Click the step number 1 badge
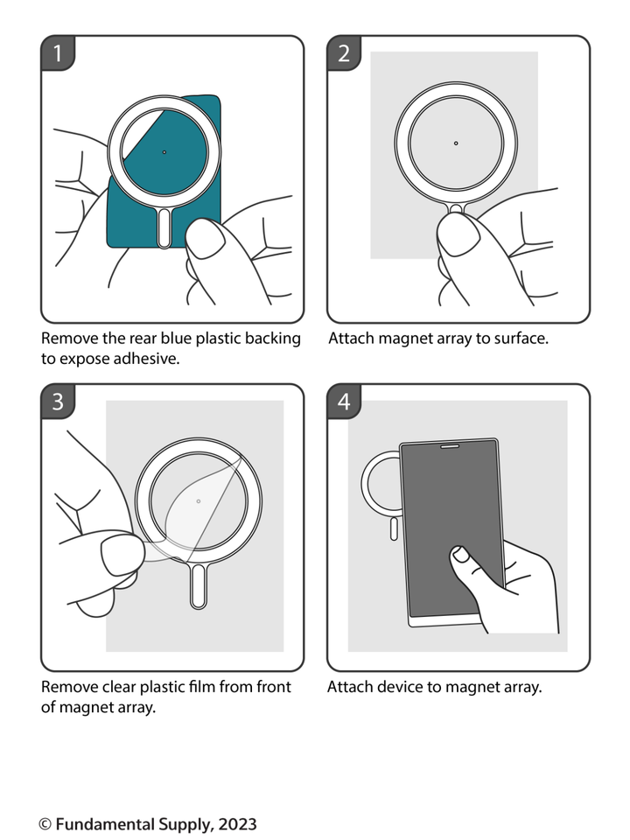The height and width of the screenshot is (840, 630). point(58,53)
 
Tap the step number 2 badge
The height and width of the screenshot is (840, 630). point(344,53)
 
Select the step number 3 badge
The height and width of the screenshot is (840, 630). point(58,402)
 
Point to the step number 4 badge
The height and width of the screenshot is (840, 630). point(344,402)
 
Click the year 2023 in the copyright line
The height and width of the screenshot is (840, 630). point(237,824)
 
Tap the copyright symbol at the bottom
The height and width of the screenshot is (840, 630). point(45,824)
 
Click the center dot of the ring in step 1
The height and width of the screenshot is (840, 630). point(164,152)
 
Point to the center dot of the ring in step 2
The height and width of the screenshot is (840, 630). point(456,143)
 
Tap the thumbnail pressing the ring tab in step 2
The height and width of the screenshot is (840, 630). point(457,234)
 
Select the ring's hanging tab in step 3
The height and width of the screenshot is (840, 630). point(199,586)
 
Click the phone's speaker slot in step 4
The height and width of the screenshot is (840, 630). point(457,445)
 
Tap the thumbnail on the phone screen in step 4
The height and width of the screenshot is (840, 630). point(460,555)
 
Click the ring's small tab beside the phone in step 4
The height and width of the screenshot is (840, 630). point(394,528)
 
